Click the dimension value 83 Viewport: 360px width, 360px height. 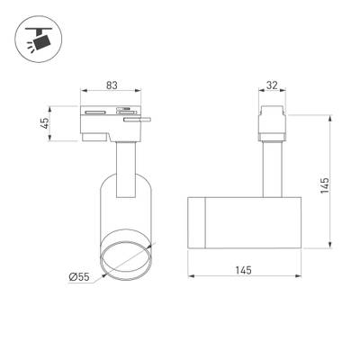coord(112,85)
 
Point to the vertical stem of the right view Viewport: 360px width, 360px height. coord(269,166)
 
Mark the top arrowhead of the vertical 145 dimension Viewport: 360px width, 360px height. coord(331,117)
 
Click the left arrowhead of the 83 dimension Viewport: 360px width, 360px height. coord(84,93)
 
